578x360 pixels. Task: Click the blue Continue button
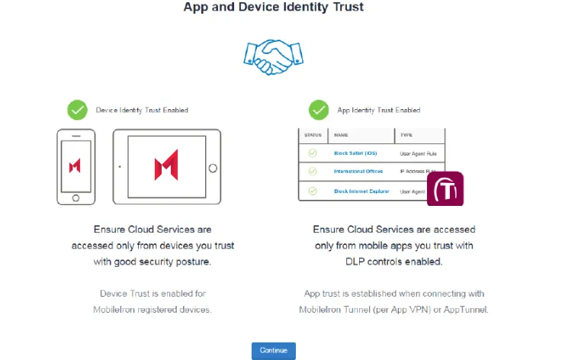[x=274, y=350]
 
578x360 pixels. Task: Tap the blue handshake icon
[x=274, y=57]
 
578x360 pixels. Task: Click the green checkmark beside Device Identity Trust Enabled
[x=78, y=110]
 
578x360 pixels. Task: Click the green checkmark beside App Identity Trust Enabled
[x=319, y=110]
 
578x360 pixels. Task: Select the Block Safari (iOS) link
[x=355, y=153]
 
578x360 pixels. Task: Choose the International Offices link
[x=358, y=171]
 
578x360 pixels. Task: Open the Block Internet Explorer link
[x=361, y=191]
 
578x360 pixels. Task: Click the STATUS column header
[x=313, y=135]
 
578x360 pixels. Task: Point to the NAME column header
[x=341, y=135]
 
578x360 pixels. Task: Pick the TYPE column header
[x=406, y=135]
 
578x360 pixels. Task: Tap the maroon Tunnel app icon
[x=445, y=189]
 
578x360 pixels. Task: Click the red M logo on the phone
[x=75, y=166]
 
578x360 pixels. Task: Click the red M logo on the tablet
[x=166, y=165]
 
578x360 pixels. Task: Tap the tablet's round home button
[x=213, y=169]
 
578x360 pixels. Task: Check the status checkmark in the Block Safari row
[x=313, y=153]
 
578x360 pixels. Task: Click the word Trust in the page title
[x=348, y=7]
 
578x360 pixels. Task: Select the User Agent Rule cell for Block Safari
[x=419, y=154]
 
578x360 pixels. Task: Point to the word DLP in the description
[x=355, y=262]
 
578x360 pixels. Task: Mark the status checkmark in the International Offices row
[x=313, y=171]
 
